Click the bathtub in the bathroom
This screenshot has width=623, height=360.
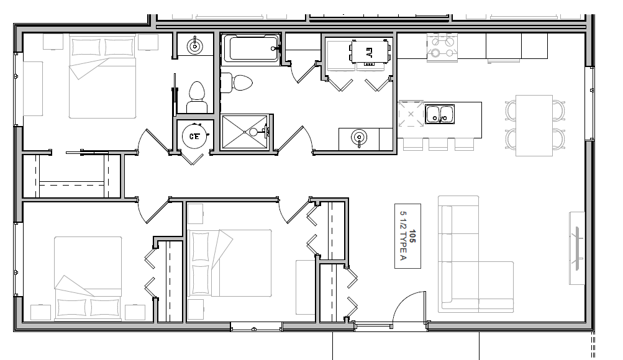click(x=251, y=49)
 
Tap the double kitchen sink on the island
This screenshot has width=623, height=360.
click(x=439, y=114)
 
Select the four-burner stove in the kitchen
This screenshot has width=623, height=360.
click(x=442, y=47)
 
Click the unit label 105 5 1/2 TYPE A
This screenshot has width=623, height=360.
click(x=407, y=236)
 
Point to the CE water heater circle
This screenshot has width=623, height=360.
click(x=194, y=137)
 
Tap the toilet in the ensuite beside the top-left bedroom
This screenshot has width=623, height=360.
click(x=196, y=97)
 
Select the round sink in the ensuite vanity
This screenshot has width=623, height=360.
click(x=194, y=47)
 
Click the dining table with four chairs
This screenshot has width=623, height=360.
click(x=534, y=125)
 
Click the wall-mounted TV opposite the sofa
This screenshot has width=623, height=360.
click(x=577, y=248)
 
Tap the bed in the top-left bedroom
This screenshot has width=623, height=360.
click(x=102, y=76)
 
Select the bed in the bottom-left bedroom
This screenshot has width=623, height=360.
click(x=88, y=278)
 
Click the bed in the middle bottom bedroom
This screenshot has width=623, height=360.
click(x=230, y=263)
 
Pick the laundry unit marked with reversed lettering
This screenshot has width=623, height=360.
click(x=370, y=52)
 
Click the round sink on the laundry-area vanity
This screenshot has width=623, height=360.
click(x=359, y=138)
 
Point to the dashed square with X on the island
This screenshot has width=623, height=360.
click(x=411, y=114)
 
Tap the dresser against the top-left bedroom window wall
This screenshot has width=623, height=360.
click(x=33, y=89)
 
